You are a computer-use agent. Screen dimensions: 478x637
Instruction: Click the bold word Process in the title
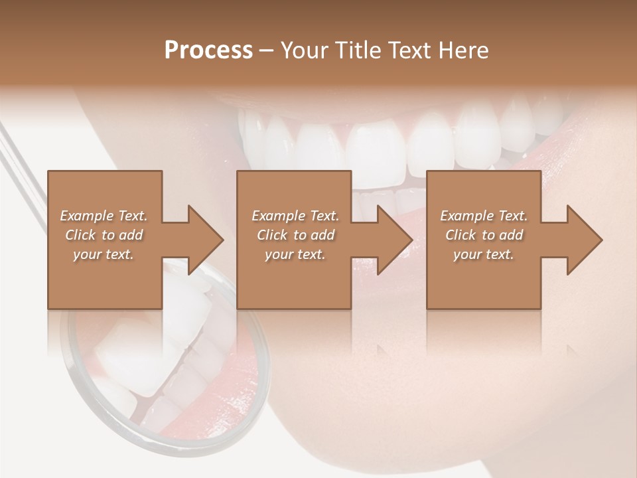208,50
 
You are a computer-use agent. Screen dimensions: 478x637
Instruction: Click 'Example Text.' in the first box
104,216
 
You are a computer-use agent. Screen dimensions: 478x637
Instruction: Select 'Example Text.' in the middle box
295,216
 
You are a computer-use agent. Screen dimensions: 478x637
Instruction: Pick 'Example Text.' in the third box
484,216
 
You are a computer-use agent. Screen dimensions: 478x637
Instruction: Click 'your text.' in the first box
104,255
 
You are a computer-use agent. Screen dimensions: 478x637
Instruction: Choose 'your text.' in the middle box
295,255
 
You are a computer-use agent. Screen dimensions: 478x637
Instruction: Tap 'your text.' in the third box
484,255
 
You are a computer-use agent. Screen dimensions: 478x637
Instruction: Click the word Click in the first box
80,235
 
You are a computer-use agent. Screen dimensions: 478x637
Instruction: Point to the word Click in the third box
460,235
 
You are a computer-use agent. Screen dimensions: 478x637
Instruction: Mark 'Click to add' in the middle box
295,235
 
